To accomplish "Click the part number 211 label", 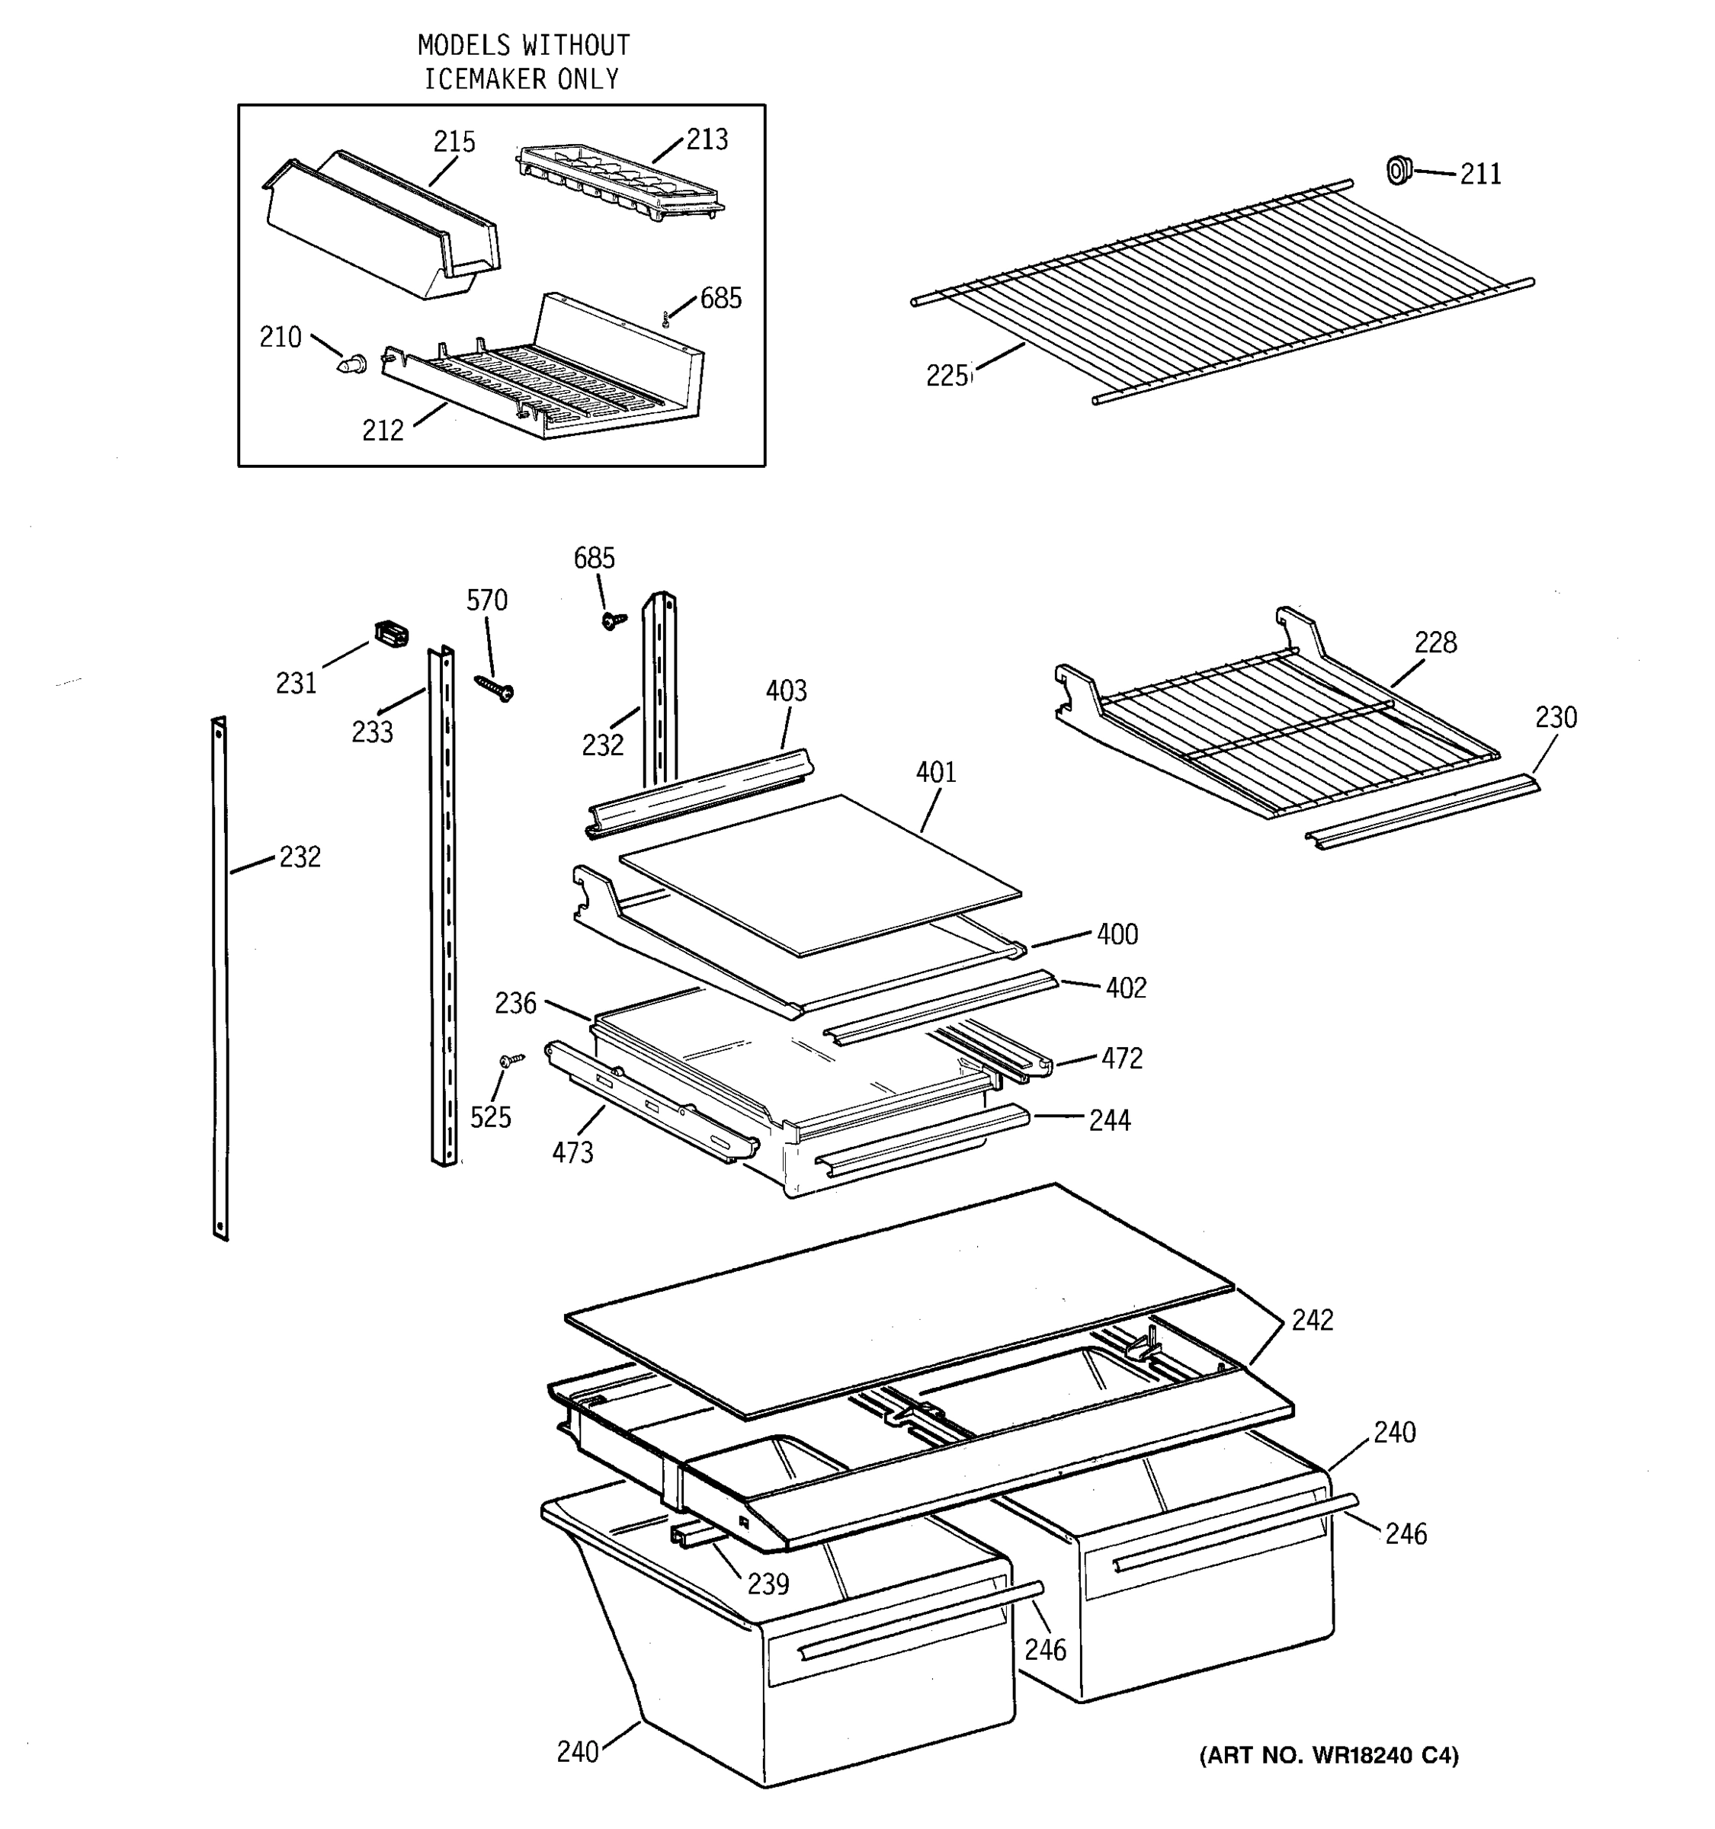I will click(x=1479, y=174).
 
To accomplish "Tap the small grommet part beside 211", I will click(x=1399, y=170).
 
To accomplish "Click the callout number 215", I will click(x=454, y=142).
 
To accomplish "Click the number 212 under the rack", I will click(x=383, y=431).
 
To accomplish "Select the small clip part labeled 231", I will click(x=391, y=635).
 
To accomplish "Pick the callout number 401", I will click(x=936, y=773).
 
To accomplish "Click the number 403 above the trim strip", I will click(x=786, y=691).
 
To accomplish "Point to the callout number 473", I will click(x=572, y=1153).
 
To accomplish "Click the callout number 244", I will click(x=1110, y=1120).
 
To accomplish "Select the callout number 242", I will click(x=1312, y=1320).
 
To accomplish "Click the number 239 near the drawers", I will click(x=768, y=1584).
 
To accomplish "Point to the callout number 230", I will click(x=1556, y=718).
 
